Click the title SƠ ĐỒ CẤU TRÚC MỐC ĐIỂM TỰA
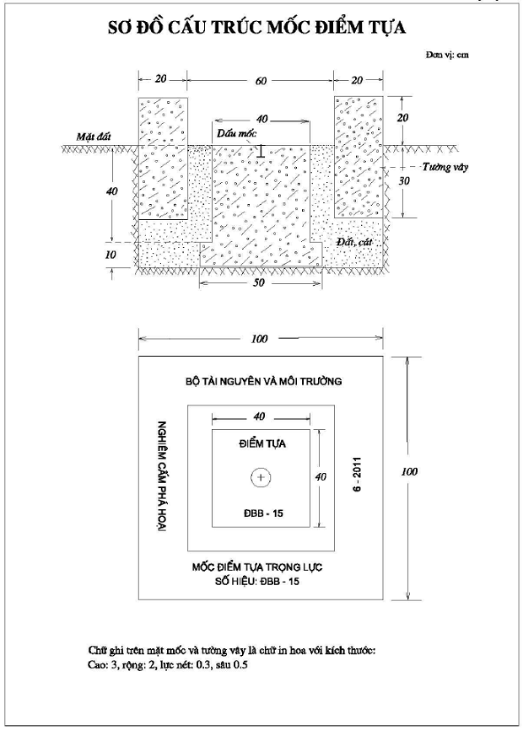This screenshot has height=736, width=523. tap(256, 27)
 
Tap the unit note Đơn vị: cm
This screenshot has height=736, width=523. tap(447, 55)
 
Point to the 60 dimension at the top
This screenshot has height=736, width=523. tap(261, 81)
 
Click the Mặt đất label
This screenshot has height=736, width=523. tap(94, 137)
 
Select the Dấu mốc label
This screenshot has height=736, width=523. tap(237, 134)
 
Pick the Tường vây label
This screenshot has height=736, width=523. tap(445, 167)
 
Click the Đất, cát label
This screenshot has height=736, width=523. tap(354, 242)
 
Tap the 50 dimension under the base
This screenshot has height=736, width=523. tap(259, 282)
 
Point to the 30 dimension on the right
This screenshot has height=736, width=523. tap(404, 180)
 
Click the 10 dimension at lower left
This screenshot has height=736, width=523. tap(111, 255)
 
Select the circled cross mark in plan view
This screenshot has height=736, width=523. tap(261, 478)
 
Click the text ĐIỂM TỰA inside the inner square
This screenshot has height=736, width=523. tap(262, 443)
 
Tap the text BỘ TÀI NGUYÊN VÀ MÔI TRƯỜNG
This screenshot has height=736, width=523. tap(263, 381)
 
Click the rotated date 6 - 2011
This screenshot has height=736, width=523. tap(358, 474)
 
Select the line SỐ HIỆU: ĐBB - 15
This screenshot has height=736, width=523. tap(257, 581)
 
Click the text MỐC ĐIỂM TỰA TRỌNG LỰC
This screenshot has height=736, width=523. tap(257, 567)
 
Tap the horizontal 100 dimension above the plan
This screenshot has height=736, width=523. tap(259, 339)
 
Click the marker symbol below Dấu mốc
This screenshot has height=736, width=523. tap(261, 150)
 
